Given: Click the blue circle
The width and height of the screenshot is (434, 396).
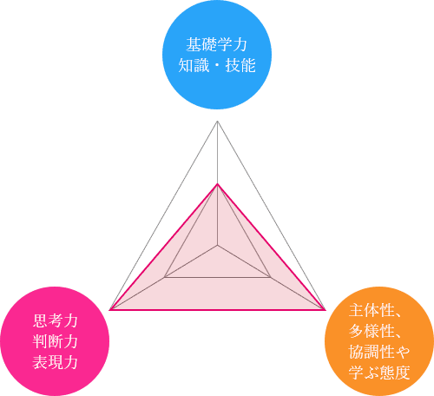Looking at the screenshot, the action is click(217, 55).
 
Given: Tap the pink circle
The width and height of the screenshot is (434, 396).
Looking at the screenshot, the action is click(55, 341).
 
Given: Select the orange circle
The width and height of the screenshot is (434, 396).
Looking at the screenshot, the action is click(379, 341).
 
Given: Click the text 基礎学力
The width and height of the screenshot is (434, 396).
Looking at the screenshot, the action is click(217, 44).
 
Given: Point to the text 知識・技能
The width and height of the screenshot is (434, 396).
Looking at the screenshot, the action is click(217, 65).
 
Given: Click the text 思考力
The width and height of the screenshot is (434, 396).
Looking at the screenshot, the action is click(55, 320).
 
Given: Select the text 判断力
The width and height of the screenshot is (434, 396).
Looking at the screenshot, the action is click(55, 341).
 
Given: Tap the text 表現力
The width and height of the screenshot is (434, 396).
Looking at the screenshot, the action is click(55, 362).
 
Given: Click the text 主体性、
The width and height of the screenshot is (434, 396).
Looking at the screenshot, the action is click(375, 310).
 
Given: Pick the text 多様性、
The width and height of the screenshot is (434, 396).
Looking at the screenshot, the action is click(375, 331).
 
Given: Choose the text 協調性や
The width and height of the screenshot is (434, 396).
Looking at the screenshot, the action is click(379, 352).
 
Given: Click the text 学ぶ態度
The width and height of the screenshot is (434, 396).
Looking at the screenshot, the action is click(379, 373).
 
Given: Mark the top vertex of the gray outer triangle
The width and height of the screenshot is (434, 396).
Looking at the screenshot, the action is click(217, 121).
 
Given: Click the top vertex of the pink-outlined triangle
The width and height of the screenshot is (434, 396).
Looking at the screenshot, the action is click(217, 184).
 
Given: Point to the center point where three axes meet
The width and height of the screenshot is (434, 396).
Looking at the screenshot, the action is click(217, 246).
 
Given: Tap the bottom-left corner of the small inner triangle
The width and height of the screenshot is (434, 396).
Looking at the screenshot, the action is click(164, 277).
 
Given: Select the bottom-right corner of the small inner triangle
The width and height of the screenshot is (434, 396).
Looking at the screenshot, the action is click(271, 277).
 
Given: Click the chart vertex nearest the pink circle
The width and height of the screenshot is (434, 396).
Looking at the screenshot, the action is click(109, 310).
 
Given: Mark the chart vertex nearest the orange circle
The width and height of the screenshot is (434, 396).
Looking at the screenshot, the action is click(325, 310).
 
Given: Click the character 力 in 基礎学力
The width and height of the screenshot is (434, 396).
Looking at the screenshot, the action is click(240, 44).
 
